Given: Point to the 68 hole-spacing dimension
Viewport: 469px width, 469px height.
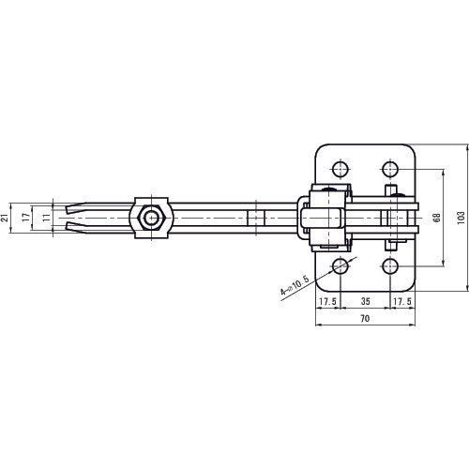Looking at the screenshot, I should [436, 219].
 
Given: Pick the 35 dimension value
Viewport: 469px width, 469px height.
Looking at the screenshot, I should [364, 303].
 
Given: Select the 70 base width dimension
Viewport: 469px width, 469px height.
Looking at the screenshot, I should [364, 320].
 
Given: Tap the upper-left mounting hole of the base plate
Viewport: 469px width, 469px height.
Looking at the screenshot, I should [339, 170].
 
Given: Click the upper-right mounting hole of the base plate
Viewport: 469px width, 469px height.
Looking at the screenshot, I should [389, 170].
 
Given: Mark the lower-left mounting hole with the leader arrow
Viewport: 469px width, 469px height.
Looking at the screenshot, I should [339, 267].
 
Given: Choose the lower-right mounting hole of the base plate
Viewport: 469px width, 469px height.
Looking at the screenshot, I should [389, 267].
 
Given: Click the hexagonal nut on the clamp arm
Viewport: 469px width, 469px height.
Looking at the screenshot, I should [150, 219].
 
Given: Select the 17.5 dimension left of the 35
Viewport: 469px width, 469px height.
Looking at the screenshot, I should [326, 303].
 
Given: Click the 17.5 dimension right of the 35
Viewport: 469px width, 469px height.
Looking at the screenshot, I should [401, 303].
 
